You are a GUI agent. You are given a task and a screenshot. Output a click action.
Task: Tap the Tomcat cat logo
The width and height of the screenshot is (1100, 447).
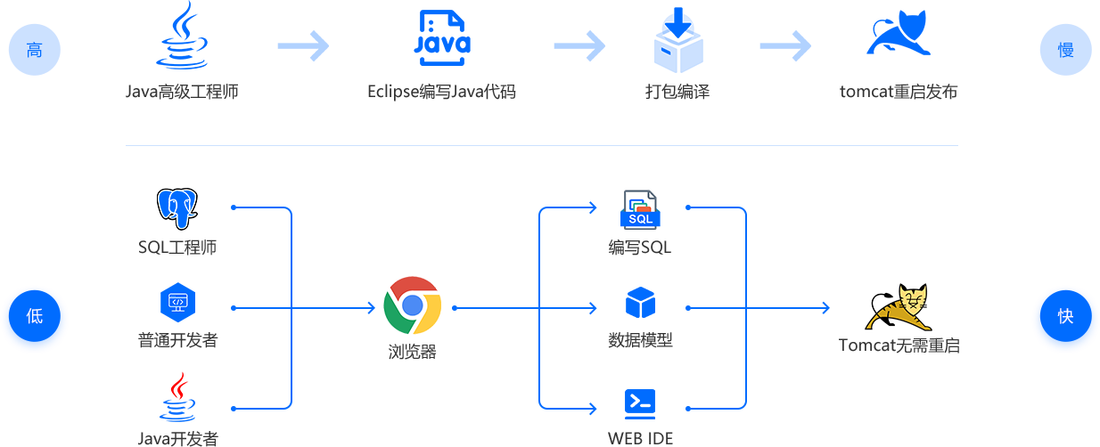click(x=898, y=307)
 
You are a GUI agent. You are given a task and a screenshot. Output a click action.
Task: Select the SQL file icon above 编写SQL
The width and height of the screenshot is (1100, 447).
click(x=640, y=210)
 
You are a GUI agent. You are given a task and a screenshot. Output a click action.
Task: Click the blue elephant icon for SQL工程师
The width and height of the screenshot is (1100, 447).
click(x=177, y=209)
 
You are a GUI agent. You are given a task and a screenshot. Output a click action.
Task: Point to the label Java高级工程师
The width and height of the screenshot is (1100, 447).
click(x=182, y=92)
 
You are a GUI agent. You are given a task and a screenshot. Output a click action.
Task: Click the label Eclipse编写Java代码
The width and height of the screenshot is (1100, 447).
click(x=441, y=92)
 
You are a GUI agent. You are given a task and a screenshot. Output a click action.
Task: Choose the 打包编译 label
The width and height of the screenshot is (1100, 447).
click(x=677, y=92)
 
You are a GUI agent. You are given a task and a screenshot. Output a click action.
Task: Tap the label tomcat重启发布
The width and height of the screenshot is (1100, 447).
click(x=898, y=92)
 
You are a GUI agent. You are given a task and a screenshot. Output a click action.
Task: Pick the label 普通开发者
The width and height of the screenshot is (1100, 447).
click(x=177, y=340)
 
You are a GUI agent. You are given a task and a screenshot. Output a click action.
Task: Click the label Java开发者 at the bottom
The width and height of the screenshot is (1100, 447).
click(x=178, y=437)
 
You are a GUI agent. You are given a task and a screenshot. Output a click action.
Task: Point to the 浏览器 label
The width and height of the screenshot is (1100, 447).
click(x=412, y=351)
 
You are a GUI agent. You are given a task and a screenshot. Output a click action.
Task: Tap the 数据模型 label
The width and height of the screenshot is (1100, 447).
click(x=640, y=340)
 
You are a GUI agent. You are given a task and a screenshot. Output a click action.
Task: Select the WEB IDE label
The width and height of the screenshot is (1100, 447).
click(x=640, y=437)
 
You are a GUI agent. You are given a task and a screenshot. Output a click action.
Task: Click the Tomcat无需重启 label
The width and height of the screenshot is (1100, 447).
click(x=899, y=345)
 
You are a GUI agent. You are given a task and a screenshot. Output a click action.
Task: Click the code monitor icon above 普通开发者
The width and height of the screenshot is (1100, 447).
click(x=177, y=302)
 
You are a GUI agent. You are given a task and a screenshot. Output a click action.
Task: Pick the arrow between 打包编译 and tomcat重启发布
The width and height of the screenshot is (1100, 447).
click(x=784, y=45)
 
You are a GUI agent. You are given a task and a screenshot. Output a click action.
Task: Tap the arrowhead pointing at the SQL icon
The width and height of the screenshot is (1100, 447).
click(x=592, y=207)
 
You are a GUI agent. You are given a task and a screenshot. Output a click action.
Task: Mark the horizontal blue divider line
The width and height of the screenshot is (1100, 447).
click(x=541, y=144)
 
